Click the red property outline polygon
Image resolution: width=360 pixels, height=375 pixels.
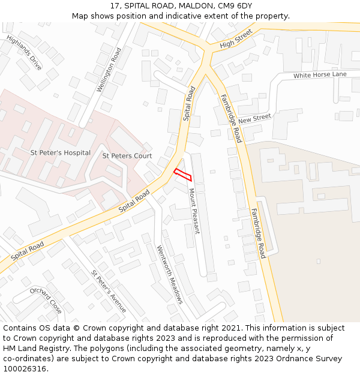pos(182,175)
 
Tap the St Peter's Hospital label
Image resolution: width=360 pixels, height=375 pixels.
pos(60,153)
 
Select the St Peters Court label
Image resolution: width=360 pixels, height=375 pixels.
pos(127,156)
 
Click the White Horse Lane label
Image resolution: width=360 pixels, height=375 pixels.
pos(320,75)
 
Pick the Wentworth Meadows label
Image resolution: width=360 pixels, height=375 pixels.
pos(169,274)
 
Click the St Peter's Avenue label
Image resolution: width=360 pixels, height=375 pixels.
pos(109,291)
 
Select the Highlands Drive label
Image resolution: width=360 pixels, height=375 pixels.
pos(24,52)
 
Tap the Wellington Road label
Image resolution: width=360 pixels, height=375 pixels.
pos(109,70)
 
